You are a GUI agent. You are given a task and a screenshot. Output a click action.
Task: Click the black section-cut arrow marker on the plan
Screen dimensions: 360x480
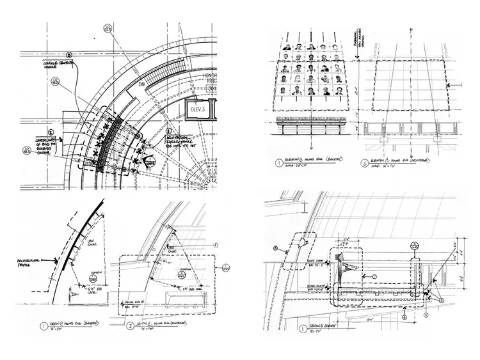[148, 162]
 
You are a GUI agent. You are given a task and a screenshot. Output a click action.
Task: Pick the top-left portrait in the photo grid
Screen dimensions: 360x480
[288, 47]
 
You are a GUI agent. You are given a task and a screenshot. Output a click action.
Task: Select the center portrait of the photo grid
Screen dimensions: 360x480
[311, 68]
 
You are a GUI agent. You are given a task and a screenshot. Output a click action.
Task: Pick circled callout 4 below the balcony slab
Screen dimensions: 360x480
[403, 315]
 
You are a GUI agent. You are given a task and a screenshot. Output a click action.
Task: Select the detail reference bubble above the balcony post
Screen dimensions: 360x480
[414, 244]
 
